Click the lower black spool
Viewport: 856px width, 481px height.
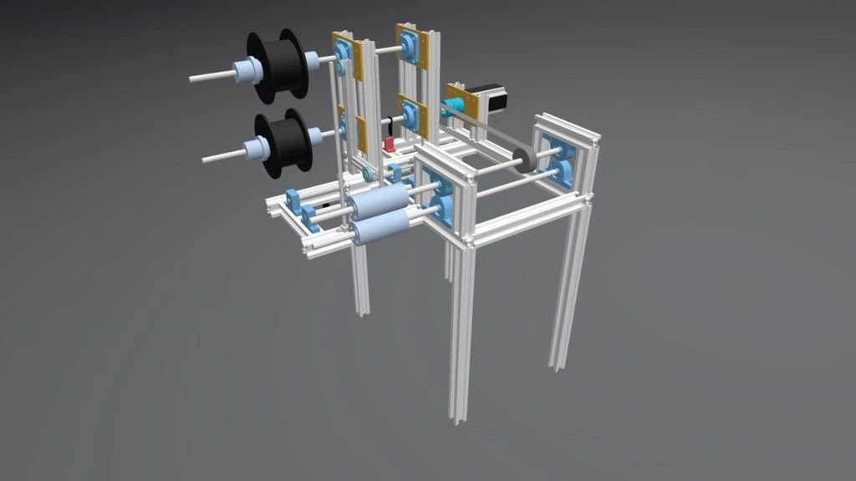(284, 143)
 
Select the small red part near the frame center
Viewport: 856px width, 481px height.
(390, 144)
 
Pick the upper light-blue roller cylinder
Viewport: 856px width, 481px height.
(379, 202)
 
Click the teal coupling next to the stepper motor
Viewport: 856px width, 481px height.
(451, 106)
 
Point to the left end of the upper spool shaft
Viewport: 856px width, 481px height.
(193, 78)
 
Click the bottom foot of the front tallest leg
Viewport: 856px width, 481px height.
(456, 418)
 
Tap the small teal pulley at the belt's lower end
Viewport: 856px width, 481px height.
(368, 175)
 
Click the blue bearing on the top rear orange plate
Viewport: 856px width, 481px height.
(410, 43)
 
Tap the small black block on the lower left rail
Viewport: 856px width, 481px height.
(326, 204)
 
